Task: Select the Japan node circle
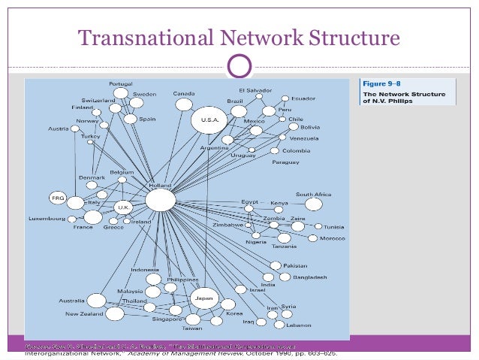tap(203, 298)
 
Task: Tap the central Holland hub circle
tap(160, 200)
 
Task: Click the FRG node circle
tap(58, 198)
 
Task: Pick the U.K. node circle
tap(122, 207)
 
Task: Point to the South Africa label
tap(313, 194)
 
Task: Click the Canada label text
tap(184, 94)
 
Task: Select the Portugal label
tap(120, 83)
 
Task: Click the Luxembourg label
tap(47, 219)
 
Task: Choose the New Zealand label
tap(84, 313)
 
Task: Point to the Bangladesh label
tap(310, 277)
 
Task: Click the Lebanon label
tap(299, 325)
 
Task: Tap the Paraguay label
tap(286, 162)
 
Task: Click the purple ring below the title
tap(239, 66)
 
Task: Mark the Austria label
tap(59, 129)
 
